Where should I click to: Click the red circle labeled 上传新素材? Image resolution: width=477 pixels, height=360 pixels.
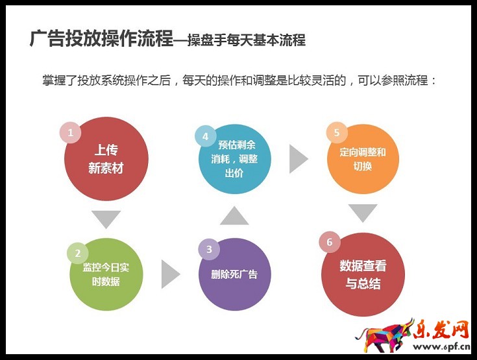point(106,160)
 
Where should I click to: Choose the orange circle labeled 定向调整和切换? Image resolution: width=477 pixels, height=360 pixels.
point(362,158)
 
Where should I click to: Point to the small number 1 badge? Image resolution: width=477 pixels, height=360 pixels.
point(70,133)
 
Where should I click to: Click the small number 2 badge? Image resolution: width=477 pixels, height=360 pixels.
point(77,254)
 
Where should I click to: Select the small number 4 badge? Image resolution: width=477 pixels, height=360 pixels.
point(205,137)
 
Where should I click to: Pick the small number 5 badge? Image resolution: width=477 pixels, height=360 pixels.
point(336,133)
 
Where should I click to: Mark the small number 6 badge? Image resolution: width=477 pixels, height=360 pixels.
point(330,242)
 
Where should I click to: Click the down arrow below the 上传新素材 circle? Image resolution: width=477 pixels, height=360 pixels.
point(106,219)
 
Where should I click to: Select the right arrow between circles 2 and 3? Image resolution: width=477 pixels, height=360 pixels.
point(169,274)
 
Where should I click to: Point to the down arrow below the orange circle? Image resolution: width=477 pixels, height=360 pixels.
point(362,212)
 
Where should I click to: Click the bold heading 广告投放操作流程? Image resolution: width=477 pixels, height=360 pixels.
point(101,38)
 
